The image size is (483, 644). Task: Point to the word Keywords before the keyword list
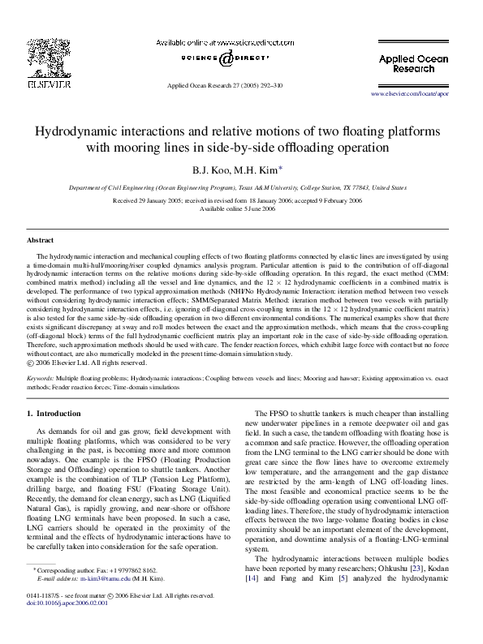[41, 378]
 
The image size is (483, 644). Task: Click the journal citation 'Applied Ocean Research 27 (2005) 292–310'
[225, 84]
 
